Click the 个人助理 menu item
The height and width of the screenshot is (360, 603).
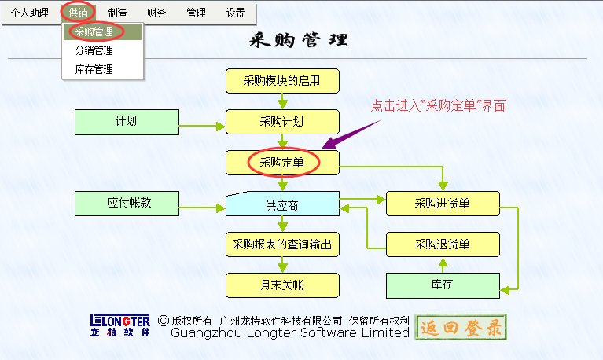pos(30,13)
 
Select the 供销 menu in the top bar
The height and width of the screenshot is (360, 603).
pos(78,13)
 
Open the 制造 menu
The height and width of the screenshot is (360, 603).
pos(117,13)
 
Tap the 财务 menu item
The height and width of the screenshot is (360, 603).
pos(156,13)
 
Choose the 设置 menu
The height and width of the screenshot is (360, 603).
pos(235,13)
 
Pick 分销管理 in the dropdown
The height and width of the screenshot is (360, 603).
pos(94,50)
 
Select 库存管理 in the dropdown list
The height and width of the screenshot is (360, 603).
pos(94,69)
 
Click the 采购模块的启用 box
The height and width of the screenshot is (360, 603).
pos(282,81)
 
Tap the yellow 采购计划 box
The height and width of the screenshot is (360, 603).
pos(282,122)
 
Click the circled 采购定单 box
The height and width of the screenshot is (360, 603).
pos(282,162)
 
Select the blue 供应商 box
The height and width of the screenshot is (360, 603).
pos(282,204)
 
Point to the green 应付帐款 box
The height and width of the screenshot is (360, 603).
pos(127,203)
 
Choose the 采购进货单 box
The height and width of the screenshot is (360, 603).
pos(443,204)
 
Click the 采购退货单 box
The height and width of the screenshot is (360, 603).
pos(443,244)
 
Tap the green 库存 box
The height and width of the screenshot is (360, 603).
pos(443,285)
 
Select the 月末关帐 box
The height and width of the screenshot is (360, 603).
pos(282,285)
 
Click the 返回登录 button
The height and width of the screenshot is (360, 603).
pos(461,327)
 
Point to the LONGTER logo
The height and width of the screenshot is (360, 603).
pos(120,325)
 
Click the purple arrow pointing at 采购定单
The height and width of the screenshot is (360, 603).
pos(351,134)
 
